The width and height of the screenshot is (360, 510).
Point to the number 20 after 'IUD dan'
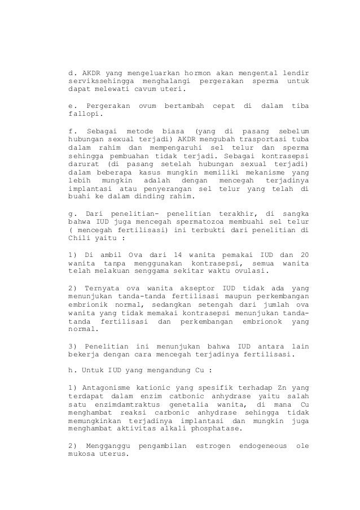pyautogui.click(x=305, y=254)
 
